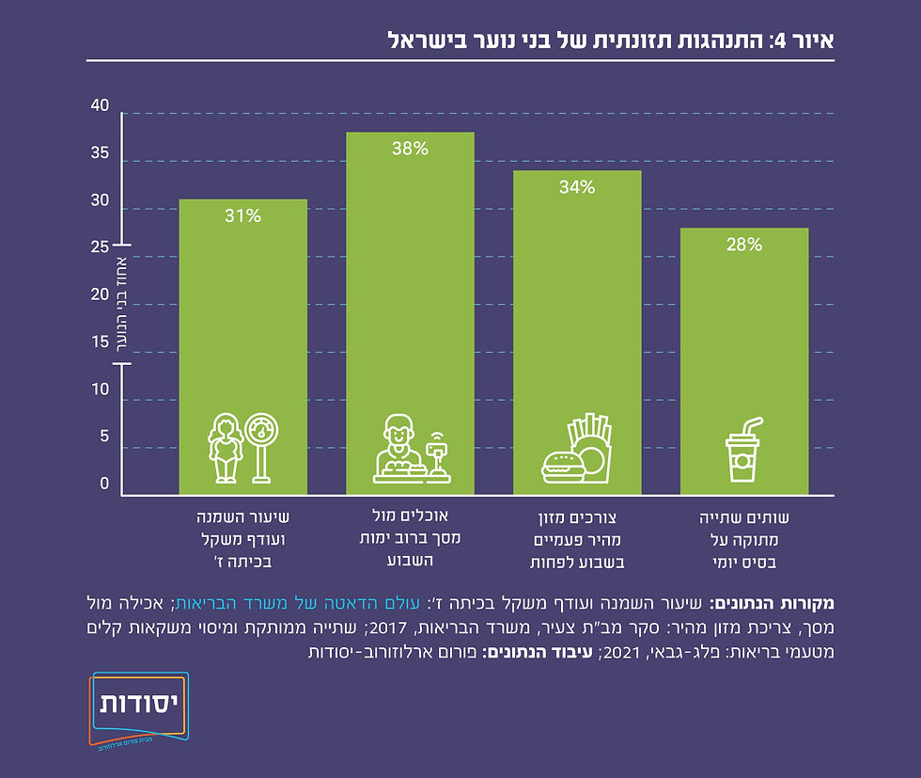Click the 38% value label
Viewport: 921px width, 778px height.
410,148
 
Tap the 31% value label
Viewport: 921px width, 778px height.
242,215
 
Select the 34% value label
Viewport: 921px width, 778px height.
577,187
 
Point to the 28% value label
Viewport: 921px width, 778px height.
743,245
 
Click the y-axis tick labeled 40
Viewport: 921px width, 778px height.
101,106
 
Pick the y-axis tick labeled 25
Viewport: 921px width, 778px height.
101,248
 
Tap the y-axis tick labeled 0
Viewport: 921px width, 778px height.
105,484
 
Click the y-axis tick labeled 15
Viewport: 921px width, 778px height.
101,342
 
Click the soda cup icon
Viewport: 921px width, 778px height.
742,451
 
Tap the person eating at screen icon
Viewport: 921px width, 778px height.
411,451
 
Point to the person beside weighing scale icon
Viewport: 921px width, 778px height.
242,449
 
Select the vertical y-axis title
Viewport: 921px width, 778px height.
122,306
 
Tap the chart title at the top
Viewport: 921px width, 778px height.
612,40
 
